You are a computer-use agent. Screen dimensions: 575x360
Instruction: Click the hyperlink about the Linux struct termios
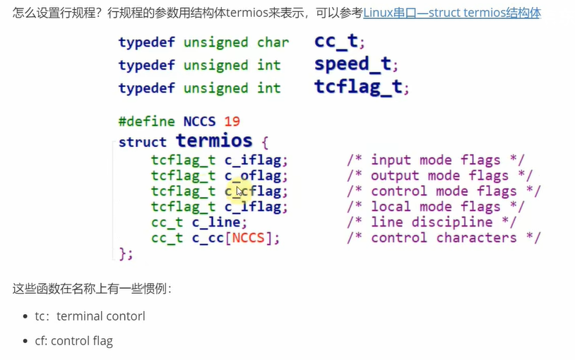pos(452,13)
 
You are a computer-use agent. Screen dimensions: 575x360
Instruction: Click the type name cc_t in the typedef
pos(336,42)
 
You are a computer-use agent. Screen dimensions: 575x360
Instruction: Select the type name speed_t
pos(352,65)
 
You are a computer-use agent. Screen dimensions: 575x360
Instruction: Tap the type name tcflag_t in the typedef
pos(358,88)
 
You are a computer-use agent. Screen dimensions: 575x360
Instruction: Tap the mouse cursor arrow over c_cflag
pos(241,191)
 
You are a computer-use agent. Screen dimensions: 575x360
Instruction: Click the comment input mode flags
pos(435,160)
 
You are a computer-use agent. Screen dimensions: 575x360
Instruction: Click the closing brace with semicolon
pos(126,253)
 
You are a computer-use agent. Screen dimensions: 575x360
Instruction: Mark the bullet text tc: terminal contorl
pos(90,316)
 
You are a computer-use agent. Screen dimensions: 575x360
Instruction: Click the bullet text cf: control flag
pos(73,342)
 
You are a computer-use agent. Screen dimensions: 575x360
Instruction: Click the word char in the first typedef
pos(273,42)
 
